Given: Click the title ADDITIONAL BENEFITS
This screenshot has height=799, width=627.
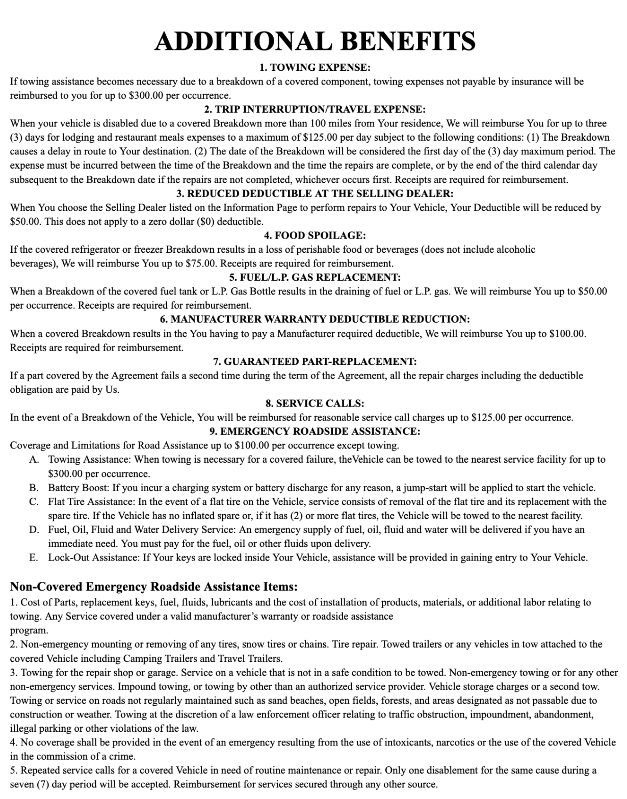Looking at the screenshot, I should pyautogui.click(x=315, y=41).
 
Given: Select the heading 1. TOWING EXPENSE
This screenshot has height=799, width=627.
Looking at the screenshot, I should pyautogui.click(x=315, y=67).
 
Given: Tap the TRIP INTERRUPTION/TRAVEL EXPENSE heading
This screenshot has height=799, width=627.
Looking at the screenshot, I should pyautogui.click(x=315, y=109).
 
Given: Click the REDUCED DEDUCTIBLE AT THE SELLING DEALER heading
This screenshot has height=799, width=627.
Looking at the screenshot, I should pyautogui.click(x=315, y=194).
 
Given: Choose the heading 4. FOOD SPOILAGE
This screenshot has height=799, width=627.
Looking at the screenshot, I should pyautogui.click(x=315, y=235).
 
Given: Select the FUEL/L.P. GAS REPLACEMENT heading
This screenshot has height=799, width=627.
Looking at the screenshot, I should pyautogui.click(x=315, y=277).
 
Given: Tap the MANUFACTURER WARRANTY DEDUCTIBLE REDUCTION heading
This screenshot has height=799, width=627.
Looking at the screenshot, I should pyautogui.click(x=315, y=319).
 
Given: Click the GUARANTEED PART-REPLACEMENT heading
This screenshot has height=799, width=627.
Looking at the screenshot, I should pyautogui.click(x=315, y=362).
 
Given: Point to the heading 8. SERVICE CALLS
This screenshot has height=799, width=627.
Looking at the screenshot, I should pyautogui.click(x=315, y=404).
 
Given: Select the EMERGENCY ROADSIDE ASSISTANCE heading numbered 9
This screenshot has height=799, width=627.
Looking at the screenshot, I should pyautogui.click(x=315, y=432).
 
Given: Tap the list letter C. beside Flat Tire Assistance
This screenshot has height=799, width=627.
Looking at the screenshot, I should pyautogui.click(x=34, y=502).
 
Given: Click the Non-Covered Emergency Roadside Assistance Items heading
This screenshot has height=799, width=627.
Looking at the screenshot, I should pyautogui.click(x=154, y=587).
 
